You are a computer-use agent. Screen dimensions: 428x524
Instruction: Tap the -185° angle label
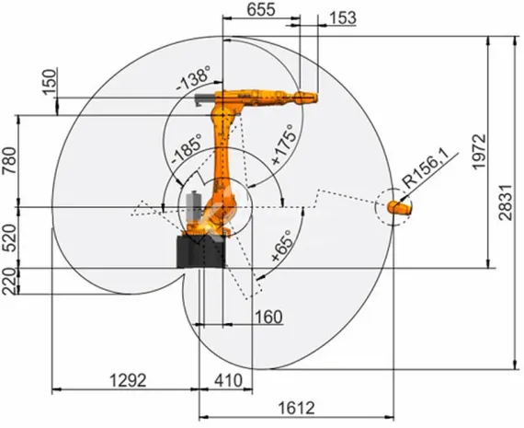tap(186, 146)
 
